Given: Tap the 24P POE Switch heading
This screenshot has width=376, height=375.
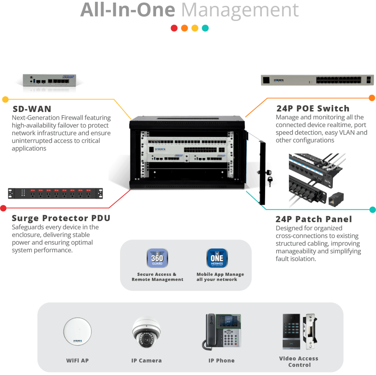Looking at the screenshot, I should [x=312, y=108].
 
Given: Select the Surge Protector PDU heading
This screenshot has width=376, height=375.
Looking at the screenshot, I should [x=61, y=218].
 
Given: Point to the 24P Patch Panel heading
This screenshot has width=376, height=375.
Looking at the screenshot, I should [x=314, y=219].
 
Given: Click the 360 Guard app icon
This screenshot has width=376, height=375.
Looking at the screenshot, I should [x=157, y=259].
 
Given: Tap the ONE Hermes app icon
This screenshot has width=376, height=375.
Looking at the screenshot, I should [x=217, y=259].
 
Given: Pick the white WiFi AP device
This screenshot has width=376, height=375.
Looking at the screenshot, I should [x=77, y=333].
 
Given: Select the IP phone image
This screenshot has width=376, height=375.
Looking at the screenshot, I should [x=221, y=331].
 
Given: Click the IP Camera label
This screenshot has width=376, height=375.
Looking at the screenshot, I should [x=146, y=361].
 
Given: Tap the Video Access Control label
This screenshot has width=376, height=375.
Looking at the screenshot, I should [x=299, y=362].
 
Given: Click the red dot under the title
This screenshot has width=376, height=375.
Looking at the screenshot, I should [x=174, y=28].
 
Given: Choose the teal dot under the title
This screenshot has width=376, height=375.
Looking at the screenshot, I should [x=205, y=28].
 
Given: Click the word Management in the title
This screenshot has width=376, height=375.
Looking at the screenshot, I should [x=240, y=10].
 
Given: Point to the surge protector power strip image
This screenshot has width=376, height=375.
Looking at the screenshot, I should [x=55, y=193].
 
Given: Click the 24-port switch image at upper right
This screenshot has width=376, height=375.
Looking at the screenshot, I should [x=317, y=80].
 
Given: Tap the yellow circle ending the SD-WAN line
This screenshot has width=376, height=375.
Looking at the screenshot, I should [x=5, y=99].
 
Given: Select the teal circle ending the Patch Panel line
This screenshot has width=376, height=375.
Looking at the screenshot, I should [x=372, y=210].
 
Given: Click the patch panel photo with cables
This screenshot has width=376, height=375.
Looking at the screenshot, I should [x=317, y=179].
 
